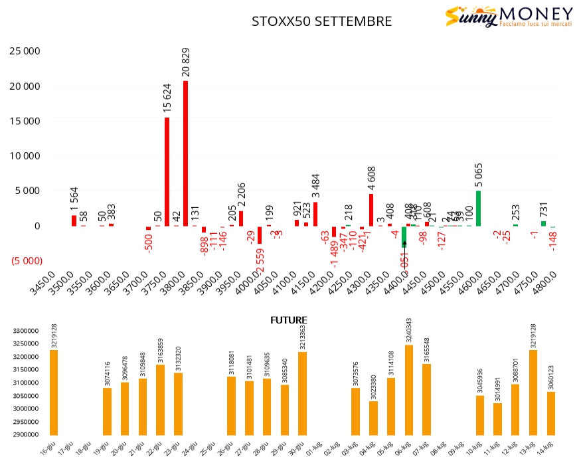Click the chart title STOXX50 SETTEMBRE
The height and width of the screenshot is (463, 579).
[x=321, y=21]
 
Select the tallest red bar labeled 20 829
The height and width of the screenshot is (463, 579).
[x=185, y=153]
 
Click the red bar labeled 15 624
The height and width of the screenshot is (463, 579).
[x=167, y=171]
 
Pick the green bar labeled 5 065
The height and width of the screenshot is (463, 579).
[x=478, y=208]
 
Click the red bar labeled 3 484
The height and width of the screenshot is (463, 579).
[x=315, y=213]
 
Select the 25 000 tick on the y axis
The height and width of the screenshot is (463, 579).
[x=24, y=51]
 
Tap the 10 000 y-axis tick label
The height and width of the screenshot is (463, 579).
[x=24, y=156]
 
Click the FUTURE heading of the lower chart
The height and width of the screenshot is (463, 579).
[x=288, y=320]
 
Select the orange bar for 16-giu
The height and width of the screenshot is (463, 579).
[x=53, y=392]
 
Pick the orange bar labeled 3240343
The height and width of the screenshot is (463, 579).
[x=408, y=389]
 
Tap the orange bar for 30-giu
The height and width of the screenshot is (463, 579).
[x=302, y=393]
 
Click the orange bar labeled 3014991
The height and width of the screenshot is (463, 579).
[x=497, y=418]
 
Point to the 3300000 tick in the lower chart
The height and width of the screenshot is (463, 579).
[x=27, y=331]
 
